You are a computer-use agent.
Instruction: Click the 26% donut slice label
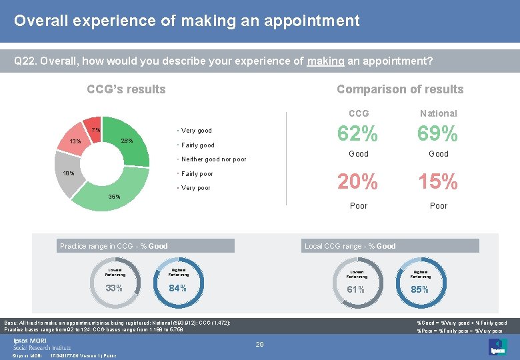127,141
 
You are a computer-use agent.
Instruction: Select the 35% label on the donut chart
114,197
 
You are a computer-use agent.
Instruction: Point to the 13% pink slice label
75,141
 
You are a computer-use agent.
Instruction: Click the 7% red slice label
95,129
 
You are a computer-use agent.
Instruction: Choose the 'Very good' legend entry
196,131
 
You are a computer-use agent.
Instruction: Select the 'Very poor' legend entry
195,188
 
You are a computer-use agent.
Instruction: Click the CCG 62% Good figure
358,134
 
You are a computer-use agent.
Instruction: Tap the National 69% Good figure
438,134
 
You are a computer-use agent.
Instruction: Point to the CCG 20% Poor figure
358,181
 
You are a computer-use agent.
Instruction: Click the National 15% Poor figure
438,181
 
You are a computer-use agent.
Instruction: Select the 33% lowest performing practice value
115,288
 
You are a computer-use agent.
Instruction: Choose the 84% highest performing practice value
177,288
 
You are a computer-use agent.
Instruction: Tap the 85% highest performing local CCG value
420,289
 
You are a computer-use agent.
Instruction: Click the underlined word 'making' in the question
325,61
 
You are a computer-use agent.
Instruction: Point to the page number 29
260,344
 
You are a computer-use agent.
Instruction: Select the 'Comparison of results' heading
399,89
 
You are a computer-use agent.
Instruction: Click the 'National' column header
438,113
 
